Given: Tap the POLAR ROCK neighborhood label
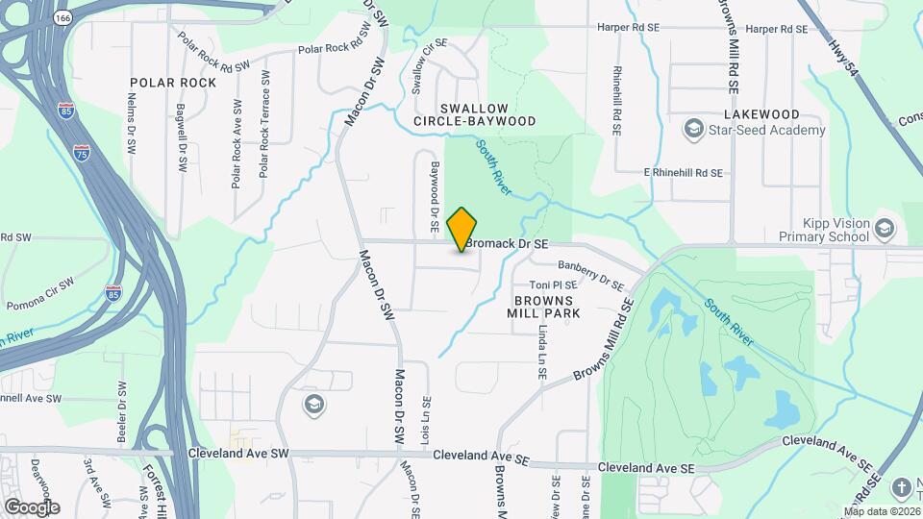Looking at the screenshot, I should [x=172, y=83].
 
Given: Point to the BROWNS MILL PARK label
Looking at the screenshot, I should [x=543, y=307].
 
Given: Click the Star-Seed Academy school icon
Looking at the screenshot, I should [x=692, y=130].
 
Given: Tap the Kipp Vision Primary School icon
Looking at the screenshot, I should [x=885, y=231].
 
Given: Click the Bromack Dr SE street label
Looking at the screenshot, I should [x=507, y=245].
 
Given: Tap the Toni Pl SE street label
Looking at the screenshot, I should [x=554, y=285].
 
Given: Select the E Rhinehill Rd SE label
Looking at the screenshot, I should [x=683, y=172].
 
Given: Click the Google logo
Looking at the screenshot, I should [x=32, y=507].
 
